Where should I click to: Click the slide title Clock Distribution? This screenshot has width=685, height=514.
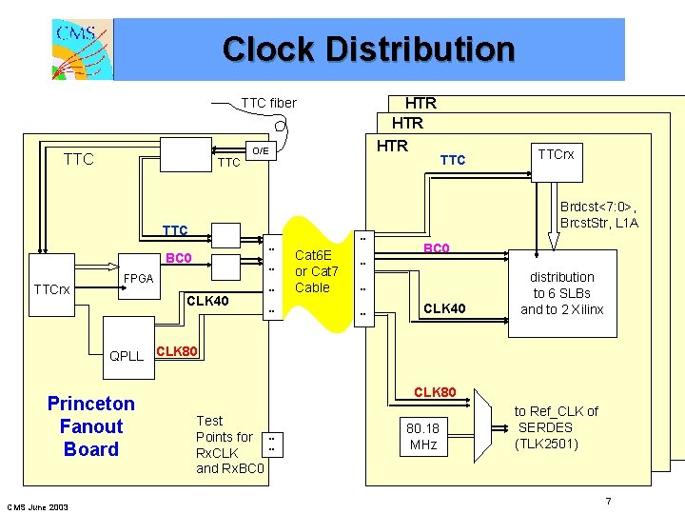click(368, 49)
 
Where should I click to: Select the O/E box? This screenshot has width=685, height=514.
click(260, 150)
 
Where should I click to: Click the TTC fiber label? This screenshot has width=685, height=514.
click(268, 103)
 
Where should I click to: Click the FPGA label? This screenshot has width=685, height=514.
click(139, 279)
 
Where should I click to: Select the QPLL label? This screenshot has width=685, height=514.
click(127, 356)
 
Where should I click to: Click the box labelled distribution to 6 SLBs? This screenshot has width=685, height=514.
click(561, 293)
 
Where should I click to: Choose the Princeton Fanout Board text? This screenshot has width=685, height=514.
click(91, 426)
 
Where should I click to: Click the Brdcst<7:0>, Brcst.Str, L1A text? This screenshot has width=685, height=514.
click(599, 214)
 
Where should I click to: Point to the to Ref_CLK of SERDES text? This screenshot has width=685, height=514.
click(557, 427)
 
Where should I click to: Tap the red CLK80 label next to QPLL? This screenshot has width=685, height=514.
click(177, 351)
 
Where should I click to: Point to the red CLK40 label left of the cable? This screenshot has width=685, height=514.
click(207, 302)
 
